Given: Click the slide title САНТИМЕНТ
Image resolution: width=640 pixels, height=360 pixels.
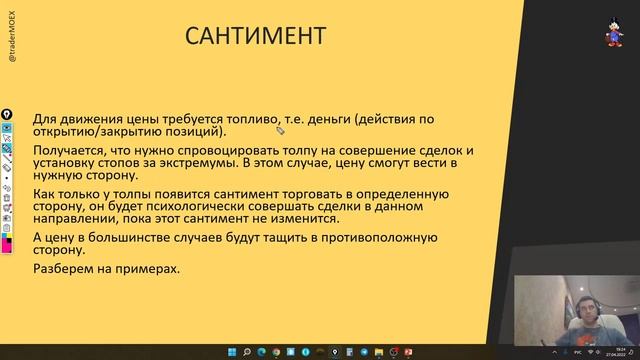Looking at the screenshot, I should pyautogui.click(x=256, y=37).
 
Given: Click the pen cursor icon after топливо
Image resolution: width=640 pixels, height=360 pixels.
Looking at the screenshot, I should pyautogui.click(x=281, y=129).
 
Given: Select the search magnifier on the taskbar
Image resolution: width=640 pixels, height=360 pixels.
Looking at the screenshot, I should pyautogui.click(x=245, y=352).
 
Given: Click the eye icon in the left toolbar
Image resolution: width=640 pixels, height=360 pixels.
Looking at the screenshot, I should pyautogui.click(x=7, y=128).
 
